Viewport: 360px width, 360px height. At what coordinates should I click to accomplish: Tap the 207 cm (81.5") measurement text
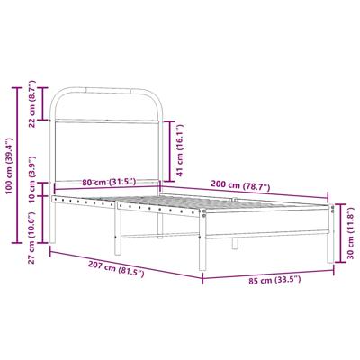coord(119,271)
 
